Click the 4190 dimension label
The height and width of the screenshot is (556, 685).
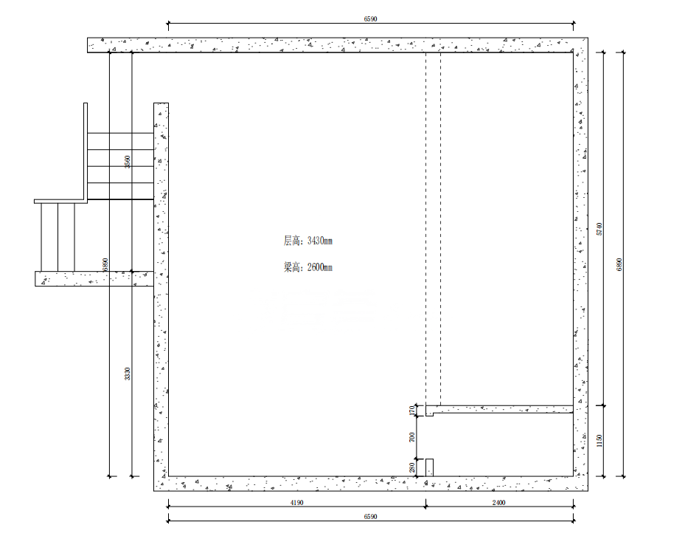[296, 503]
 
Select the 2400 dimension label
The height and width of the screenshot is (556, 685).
[499, 503]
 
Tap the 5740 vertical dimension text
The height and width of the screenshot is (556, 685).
[599, 229]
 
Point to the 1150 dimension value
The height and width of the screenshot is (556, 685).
[599, 441]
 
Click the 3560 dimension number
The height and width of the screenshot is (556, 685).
[127, 162]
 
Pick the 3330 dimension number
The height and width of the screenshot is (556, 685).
[127, 374]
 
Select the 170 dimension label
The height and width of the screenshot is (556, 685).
[412, 411]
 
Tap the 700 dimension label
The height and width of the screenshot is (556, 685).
[412, 437]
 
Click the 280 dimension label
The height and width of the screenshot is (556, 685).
[412, 467]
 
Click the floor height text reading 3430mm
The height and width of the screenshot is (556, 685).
[308, 241]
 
